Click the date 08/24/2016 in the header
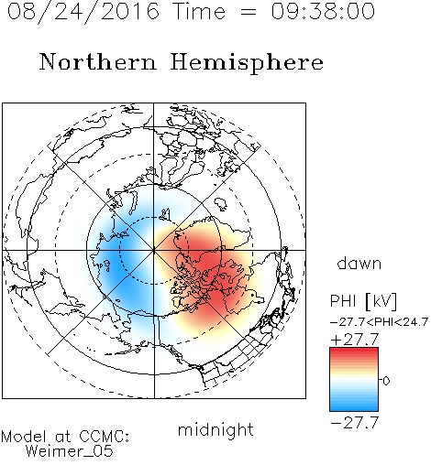click(83, 12)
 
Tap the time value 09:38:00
click(323, 11)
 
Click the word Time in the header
click(199, 11)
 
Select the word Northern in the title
click(98, 61)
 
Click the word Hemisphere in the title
click(247, 63)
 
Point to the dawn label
click(359, 263)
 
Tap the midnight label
click(215, 429)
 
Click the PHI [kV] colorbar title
click(363, 301)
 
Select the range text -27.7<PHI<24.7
click(379, 322)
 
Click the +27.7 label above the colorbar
click(355, 340)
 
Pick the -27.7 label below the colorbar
click(355, 423)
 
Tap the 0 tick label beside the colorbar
click(386, 381)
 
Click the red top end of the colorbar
click(354, 350)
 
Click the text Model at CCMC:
click(65, 437)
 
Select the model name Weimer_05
click(70, 451)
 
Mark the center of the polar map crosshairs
click(154, 250)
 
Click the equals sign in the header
click(249, 12)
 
